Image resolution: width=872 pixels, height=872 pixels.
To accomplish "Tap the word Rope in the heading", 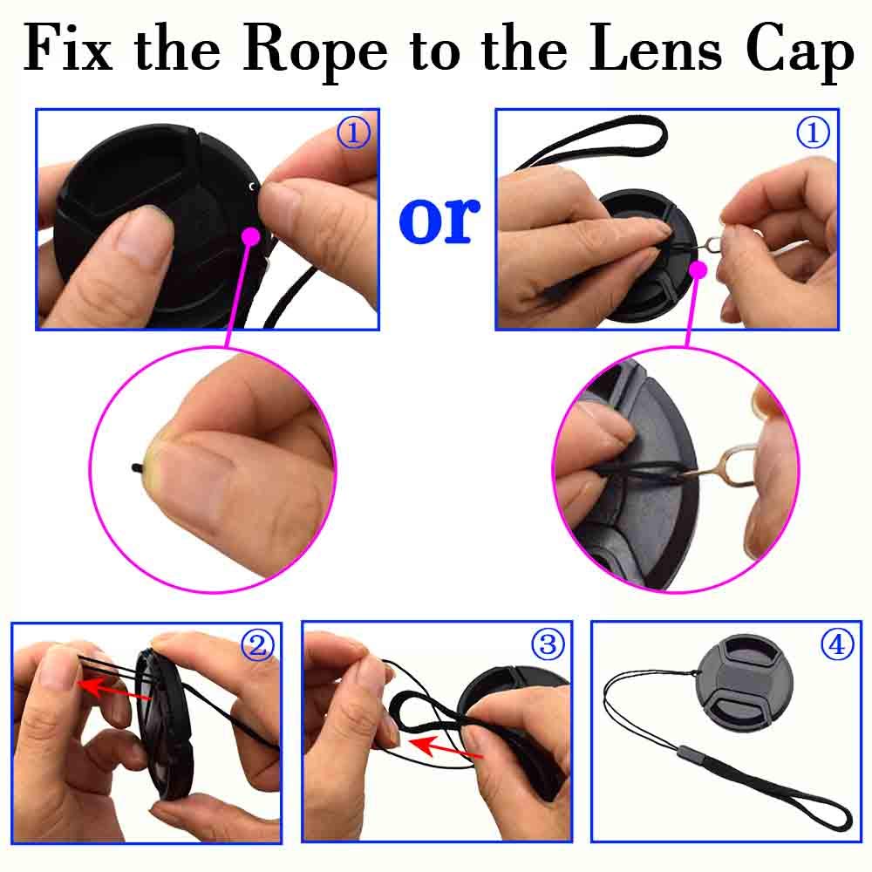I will point(314,51).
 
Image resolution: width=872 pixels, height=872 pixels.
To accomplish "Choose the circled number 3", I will point(548,644).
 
